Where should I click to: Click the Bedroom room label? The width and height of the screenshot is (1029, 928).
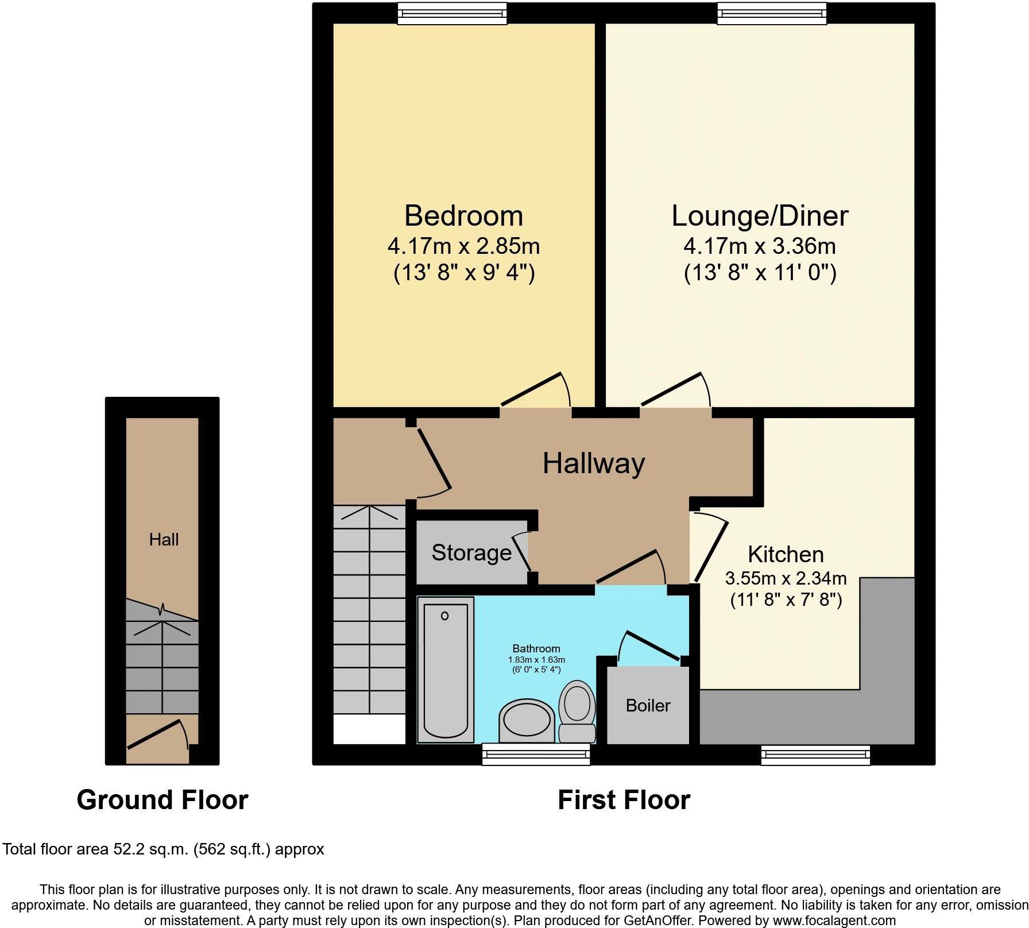(x=463, y=216)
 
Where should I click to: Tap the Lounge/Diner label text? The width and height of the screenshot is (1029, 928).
(x=760, y=216)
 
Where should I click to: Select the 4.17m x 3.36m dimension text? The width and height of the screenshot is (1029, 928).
(x=760, y=246)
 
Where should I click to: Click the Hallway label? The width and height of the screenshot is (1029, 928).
(x=594, y=463)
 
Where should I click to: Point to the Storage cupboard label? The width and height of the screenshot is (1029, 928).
(x=471, y=552)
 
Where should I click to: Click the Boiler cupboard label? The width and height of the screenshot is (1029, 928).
(x=648, y=705)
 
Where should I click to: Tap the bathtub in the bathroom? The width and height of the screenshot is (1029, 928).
(x=446, y=669)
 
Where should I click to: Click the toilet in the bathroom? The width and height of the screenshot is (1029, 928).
(x=577, y=710)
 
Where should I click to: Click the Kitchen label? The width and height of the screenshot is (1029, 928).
(x=786, y=554)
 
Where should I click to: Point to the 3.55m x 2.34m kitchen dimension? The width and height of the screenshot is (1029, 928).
(x=786, y=578)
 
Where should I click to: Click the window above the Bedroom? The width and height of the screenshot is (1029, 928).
(x=452, y=13)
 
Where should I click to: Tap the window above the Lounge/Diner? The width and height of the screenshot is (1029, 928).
(x=772, y=13)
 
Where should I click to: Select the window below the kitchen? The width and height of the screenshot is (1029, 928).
(x=815, y=755)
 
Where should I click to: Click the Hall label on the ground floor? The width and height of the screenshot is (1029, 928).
(x=164, y=539)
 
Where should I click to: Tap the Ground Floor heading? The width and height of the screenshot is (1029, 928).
(x=162, y=800)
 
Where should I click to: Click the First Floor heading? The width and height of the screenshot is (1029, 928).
(x=624, y=800)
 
